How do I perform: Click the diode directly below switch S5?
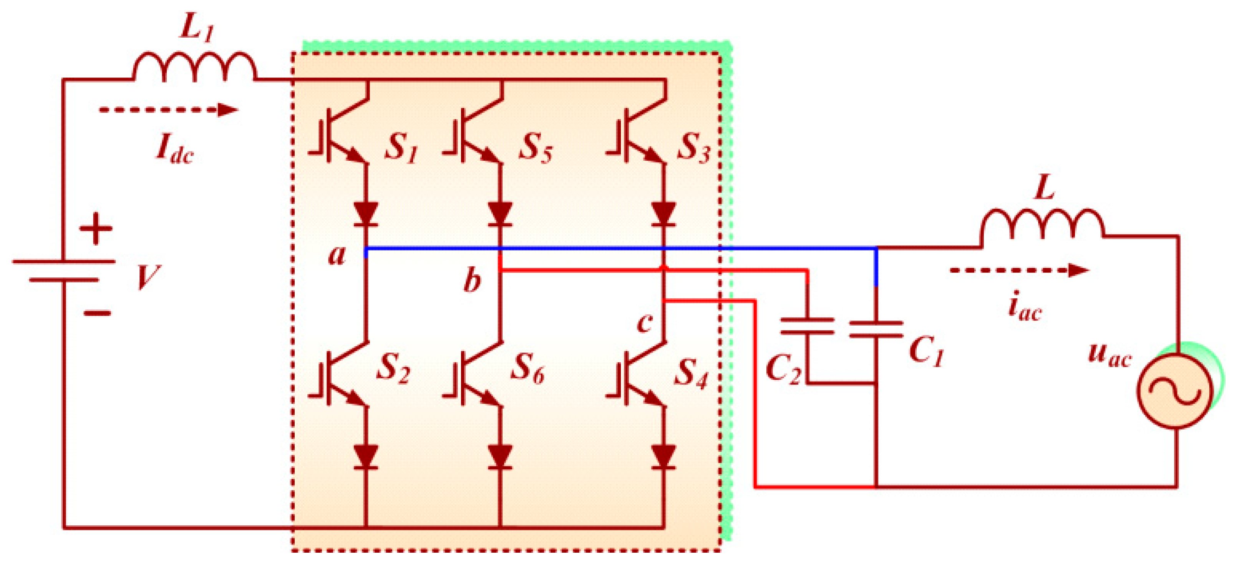pyautogui.click(x=500, y=214)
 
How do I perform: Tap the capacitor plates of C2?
pyautogui.click(x=808, y=326)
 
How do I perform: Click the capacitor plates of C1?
pyautogui.click(x=876, y=330)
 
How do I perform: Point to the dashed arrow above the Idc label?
pyautogui.click(x=168, y=110)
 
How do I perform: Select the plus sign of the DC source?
pyautogui.click(x=96, y=229)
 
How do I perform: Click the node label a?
pyautogui.click(x=337, y=255)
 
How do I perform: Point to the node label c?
pyautogui.click(x=644, y=322)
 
